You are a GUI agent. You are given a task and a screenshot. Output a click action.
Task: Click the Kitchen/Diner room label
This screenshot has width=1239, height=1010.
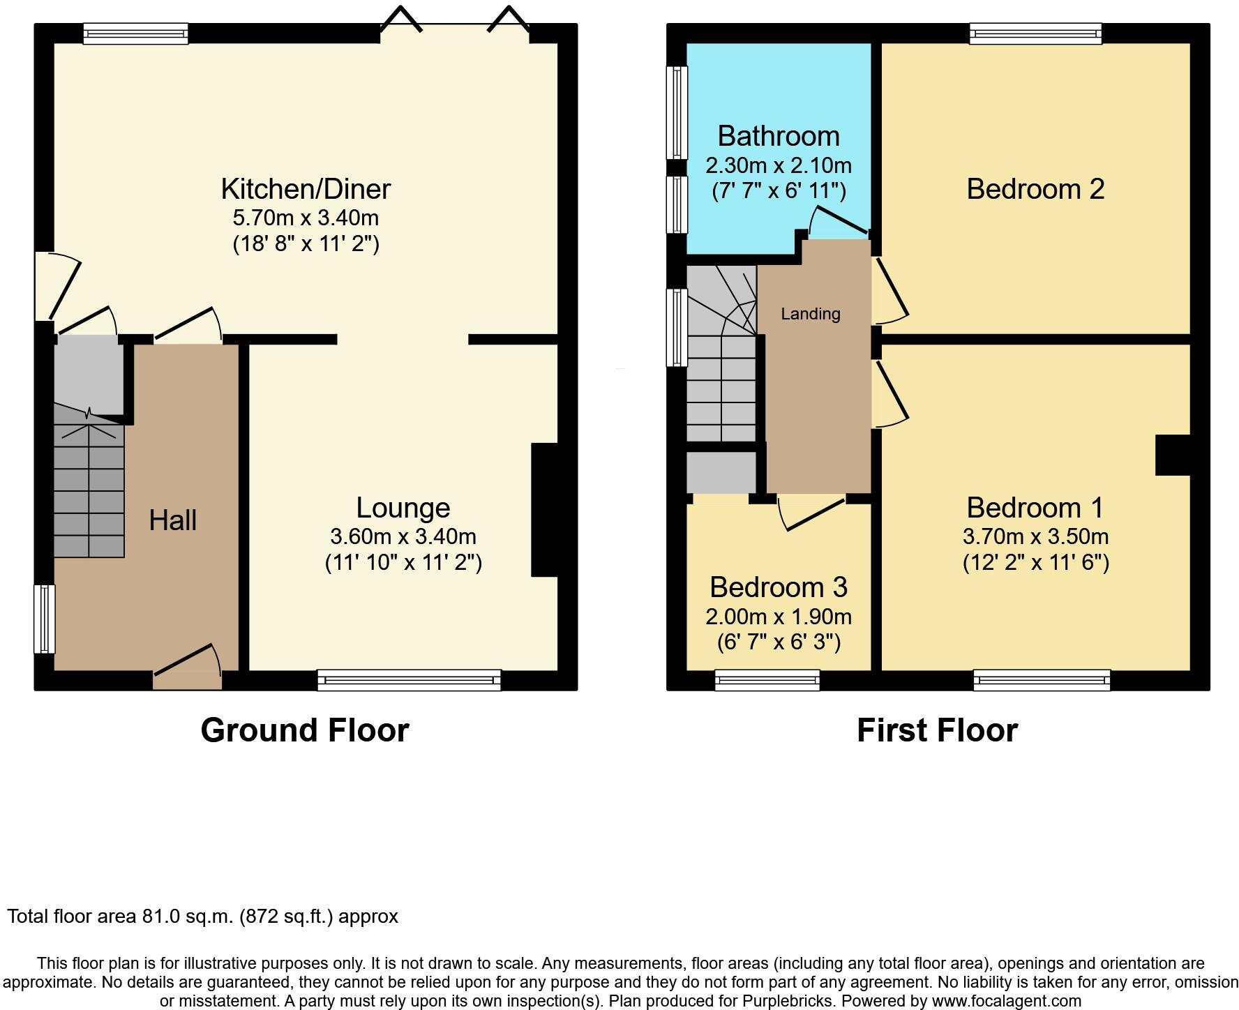coord(306,189)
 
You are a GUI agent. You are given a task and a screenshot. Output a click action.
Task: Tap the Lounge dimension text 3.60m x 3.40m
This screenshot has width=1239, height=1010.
coord(403,536)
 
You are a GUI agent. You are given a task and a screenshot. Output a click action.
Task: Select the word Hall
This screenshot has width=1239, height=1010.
coord(172,520)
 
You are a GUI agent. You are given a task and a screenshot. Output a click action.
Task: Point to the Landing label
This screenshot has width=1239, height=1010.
coord(810,314)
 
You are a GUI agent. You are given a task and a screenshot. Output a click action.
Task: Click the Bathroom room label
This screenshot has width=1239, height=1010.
coord(778,136)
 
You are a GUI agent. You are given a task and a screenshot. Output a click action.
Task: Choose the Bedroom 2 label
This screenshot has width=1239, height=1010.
coord(1035,189)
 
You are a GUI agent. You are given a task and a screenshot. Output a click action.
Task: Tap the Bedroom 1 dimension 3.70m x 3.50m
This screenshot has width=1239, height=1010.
coord(1035,536)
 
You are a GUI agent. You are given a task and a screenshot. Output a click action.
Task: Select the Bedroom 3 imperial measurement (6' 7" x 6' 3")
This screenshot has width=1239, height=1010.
coord(779,642)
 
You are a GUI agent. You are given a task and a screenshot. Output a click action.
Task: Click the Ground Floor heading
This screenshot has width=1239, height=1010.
coord(305,730)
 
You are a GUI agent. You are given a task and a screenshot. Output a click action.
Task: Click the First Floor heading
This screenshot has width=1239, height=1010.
coord(937,730)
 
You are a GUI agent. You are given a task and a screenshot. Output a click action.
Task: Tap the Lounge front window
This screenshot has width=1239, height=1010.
coord(409,680)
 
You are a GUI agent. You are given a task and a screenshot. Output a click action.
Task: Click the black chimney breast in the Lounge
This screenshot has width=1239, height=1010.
coord(545,510)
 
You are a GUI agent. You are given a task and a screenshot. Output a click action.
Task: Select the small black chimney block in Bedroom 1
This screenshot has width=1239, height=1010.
coord(1173,455)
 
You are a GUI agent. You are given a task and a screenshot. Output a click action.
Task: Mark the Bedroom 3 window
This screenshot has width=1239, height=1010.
coord(767,680)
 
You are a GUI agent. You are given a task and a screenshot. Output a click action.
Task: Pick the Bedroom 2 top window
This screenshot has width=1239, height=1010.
coord(1035,33)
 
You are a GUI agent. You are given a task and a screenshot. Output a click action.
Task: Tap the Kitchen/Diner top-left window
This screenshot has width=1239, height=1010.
coord(135,33)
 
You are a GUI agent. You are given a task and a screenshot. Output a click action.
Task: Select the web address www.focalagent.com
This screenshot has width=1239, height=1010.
coord(1006,1001)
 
